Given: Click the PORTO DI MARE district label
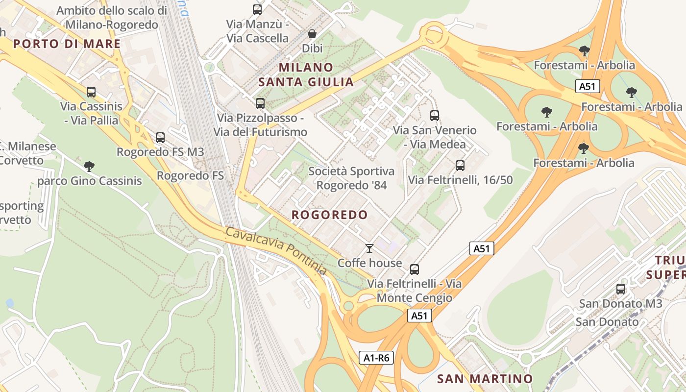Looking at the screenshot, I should click(x=67, y=44).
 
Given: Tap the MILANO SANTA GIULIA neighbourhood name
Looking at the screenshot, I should click(x=306, y=74).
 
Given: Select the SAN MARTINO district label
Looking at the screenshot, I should click(x=485, y=379).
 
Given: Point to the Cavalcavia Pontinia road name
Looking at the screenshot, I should click(x=276, y=251).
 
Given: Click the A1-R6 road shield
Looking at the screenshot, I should click(x=376, y=358).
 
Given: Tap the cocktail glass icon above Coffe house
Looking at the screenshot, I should click(x=369, y=248).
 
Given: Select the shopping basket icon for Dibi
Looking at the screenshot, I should click(x=312, y=34).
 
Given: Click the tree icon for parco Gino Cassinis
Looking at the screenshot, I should click(x=89, y=167).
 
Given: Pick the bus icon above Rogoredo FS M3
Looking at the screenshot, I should click(x=160, y=138).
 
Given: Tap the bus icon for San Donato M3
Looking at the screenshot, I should click(x=621, y=289).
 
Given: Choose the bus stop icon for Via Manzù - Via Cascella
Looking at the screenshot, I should click(x=257, y=9).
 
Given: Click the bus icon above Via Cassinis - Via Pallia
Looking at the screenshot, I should click(x=91, y=92).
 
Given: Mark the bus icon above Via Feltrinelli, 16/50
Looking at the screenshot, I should click(x=460, y=166).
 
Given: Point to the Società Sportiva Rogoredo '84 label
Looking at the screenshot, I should click(x=351, y=178).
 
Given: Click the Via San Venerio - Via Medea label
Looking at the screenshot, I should click(x=435, y=137).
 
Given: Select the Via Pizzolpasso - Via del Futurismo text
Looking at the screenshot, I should click(x=260, y=125).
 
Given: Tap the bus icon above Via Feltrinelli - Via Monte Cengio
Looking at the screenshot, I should click(x=415, y=269).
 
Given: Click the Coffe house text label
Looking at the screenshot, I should click(x=370, y=263).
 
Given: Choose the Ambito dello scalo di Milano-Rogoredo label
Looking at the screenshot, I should click(x=112, y=17).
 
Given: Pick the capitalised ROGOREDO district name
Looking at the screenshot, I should click(x=329, y=215).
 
